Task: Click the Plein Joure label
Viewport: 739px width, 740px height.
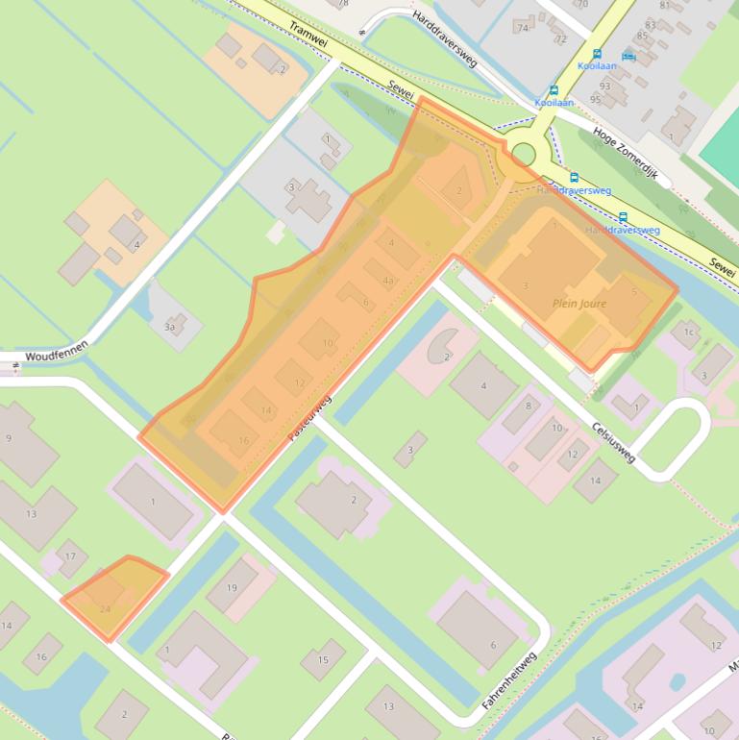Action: click(579, 303)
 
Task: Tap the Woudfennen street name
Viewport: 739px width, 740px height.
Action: click(57, 350)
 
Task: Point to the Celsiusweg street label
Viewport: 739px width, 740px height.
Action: click(614, 441)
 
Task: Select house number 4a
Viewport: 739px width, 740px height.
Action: click(388, 281)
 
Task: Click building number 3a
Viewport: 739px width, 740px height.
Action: click(170, 328)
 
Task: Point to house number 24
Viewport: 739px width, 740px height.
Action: click(105, 608)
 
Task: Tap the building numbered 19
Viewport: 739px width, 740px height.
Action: click(232, 587)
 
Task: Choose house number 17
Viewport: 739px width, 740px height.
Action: click(69, 555)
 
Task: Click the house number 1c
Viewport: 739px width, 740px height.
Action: click(688, 333)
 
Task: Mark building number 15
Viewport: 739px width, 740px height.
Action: click(324, 659)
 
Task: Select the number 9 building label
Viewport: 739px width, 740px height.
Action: click(9, 438)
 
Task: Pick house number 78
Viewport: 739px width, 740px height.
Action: click(343, 4)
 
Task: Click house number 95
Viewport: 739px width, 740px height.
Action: click(596, 99)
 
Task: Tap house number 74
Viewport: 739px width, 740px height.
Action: click(524, 28)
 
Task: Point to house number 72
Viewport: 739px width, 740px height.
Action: click(561, 39)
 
